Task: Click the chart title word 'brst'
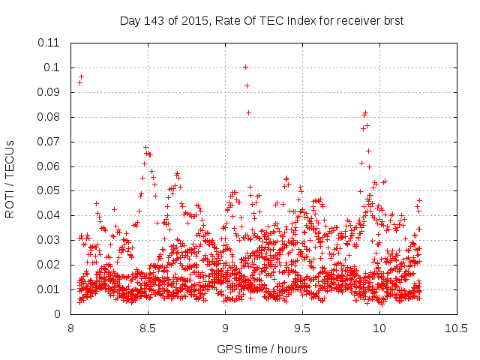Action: (x=392, y=21)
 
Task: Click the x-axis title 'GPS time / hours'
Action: (x=262, y=349)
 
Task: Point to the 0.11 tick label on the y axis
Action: (x=49, y=43)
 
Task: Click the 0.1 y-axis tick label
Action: (x=52, y=67)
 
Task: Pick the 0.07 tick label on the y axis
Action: (x=49, y=141)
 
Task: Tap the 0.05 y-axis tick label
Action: (x=49, y=190)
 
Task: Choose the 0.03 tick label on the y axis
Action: (x=49, y=240)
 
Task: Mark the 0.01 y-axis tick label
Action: (x=49, y=289)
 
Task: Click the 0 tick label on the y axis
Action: (x=57, y=314)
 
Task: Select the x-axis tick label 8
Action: (x=71, y=328)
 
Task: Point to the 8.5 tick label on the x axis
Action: (x=148, y=328)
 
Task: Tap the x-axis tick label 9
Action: (x=225, y=328)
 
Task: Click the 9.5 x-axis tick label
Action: (x=302, y=328)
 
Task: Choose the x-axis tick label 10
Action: (x=379, y=328)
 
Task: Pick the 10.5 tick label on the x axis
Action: (x=456, y=328)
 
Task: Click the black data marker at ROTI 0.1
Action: (x=245, y=67)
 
